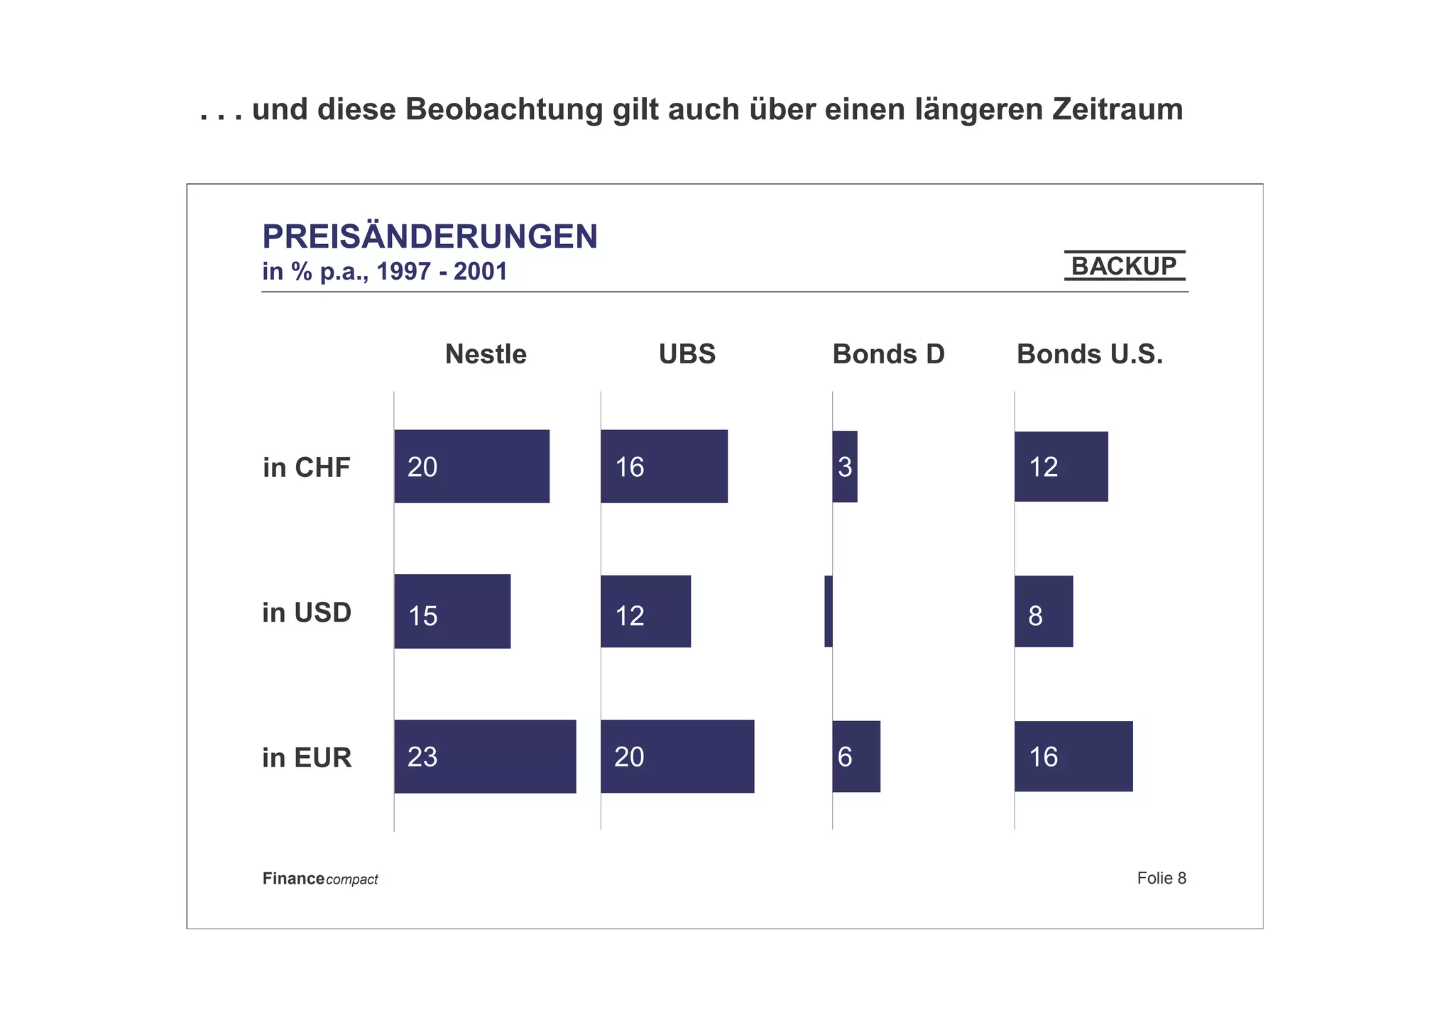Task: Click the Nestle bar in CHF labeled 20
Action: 472,466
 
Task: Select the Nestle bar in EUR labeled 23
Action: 485,757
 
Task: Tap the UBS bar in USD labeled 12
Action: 645,612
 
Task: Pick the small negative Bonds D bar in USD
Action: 829,612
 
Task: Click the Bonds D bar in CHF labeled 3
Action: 845,466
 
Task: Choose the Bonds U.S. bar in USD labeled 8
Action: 1044,612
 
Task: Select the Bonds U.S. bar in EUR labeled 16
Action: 1073,757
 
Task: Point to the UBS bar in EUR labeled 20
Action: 677,757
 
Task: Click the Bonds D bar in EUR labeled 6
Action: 856,757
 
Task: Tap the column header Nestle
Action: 486,354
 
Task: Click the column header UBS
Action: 687,354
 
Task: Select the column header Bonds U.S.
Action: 1090,354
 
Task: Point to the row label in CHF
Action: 307,468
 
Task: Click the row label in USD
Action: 307,613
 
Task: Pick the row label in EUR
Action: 307,758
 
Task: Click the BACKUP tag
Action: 1124,266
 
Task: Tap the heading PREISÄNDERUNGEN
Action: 430,236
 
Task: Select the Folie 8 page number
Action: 1161,879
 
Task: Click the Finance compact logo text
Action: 320,879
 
